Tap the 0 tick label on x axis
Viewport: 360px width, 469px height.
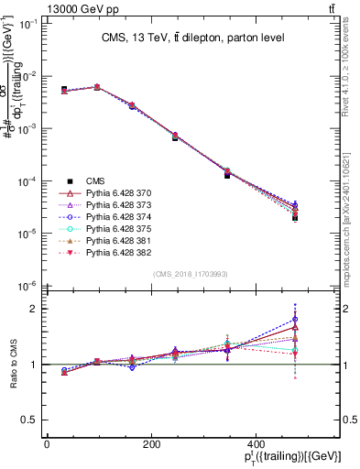tap(47, 444)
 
